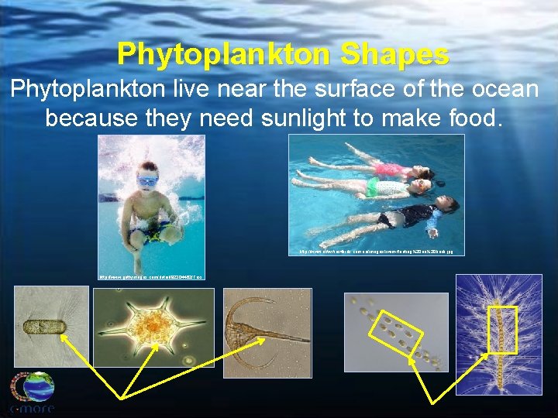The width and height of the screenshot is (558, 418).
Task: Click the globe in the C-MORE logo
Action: point(33,386)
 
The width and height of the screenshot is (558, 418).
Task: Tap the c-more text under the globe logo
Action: point(33,408)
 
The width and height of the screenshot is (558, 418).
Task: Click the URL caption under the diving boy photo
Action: point(150,276)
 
